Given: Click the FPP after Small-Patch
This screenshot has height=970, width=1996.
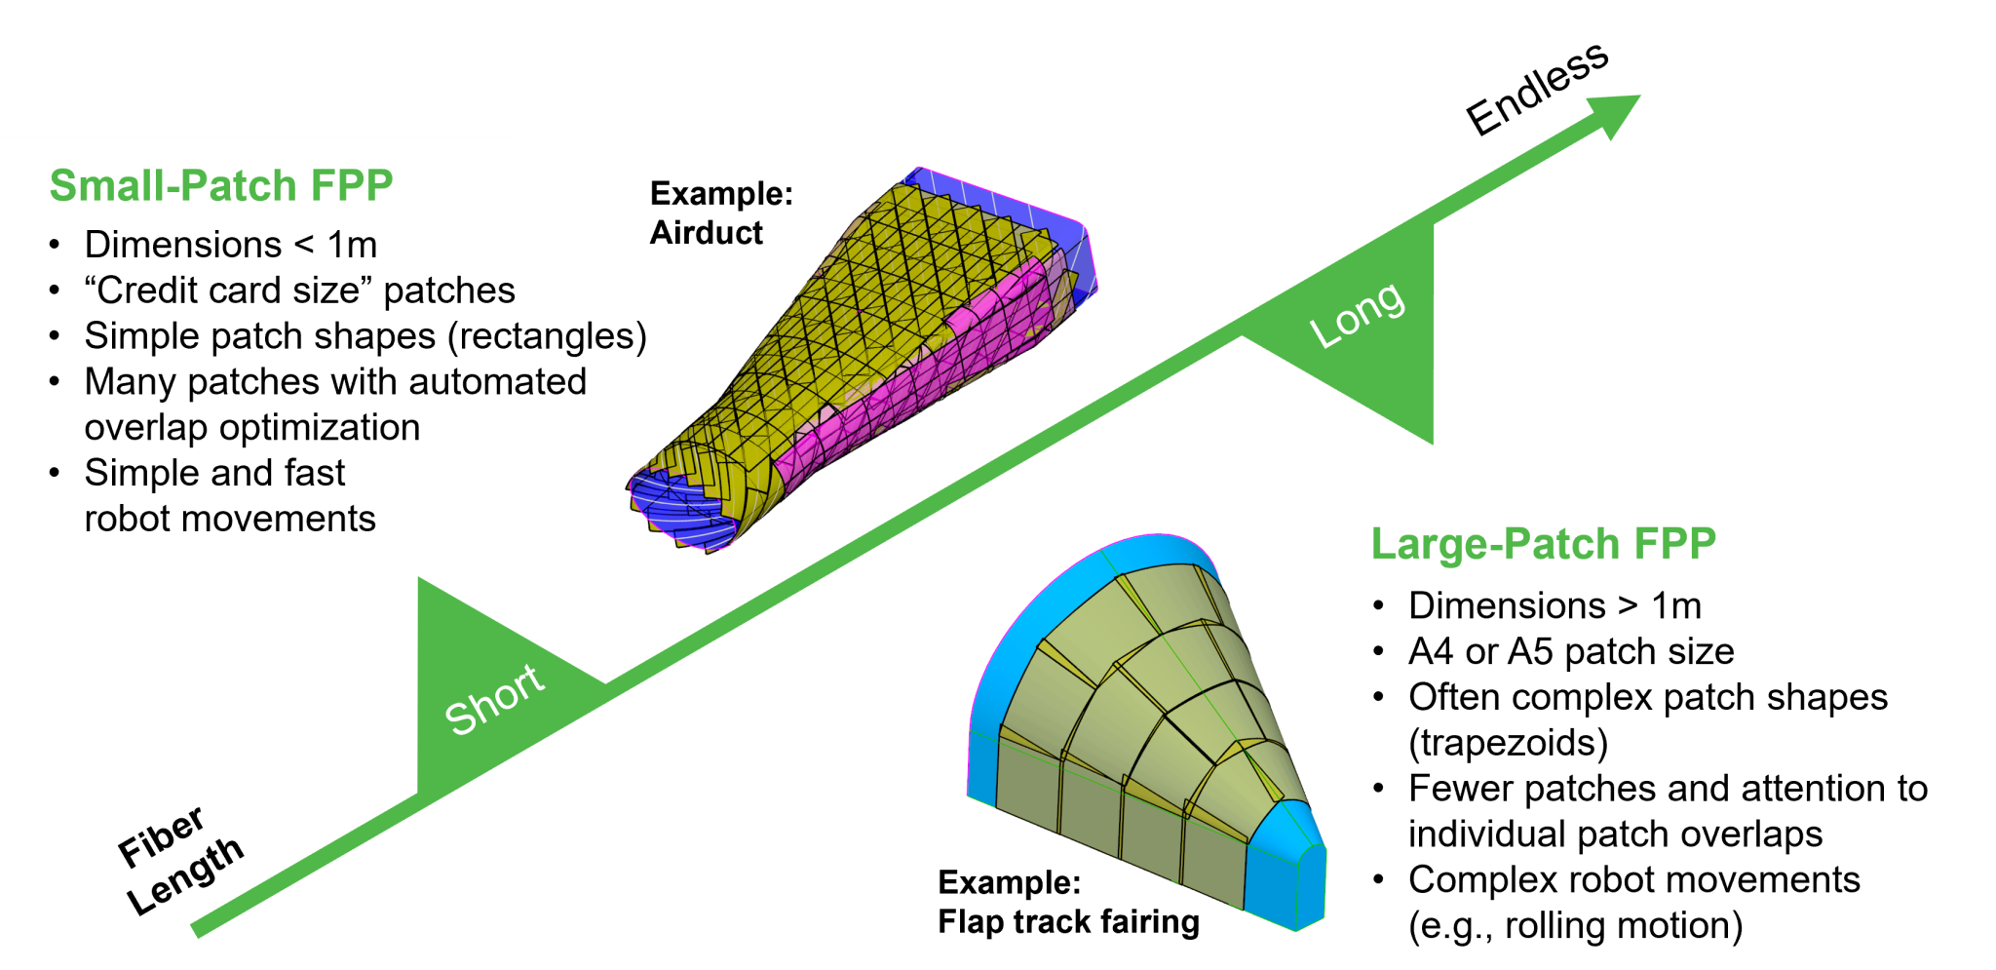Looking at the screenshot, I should coord(352,185).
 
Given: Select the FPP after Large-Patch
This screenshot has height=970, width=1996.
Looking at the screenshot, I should coord(1675,544).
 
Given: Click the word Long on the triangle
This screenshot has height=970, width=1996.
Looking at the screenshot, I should coord(1358,315).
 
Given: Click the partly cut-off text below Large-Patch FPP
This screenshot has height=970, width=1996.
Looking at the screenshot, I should coord(1555,594).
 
